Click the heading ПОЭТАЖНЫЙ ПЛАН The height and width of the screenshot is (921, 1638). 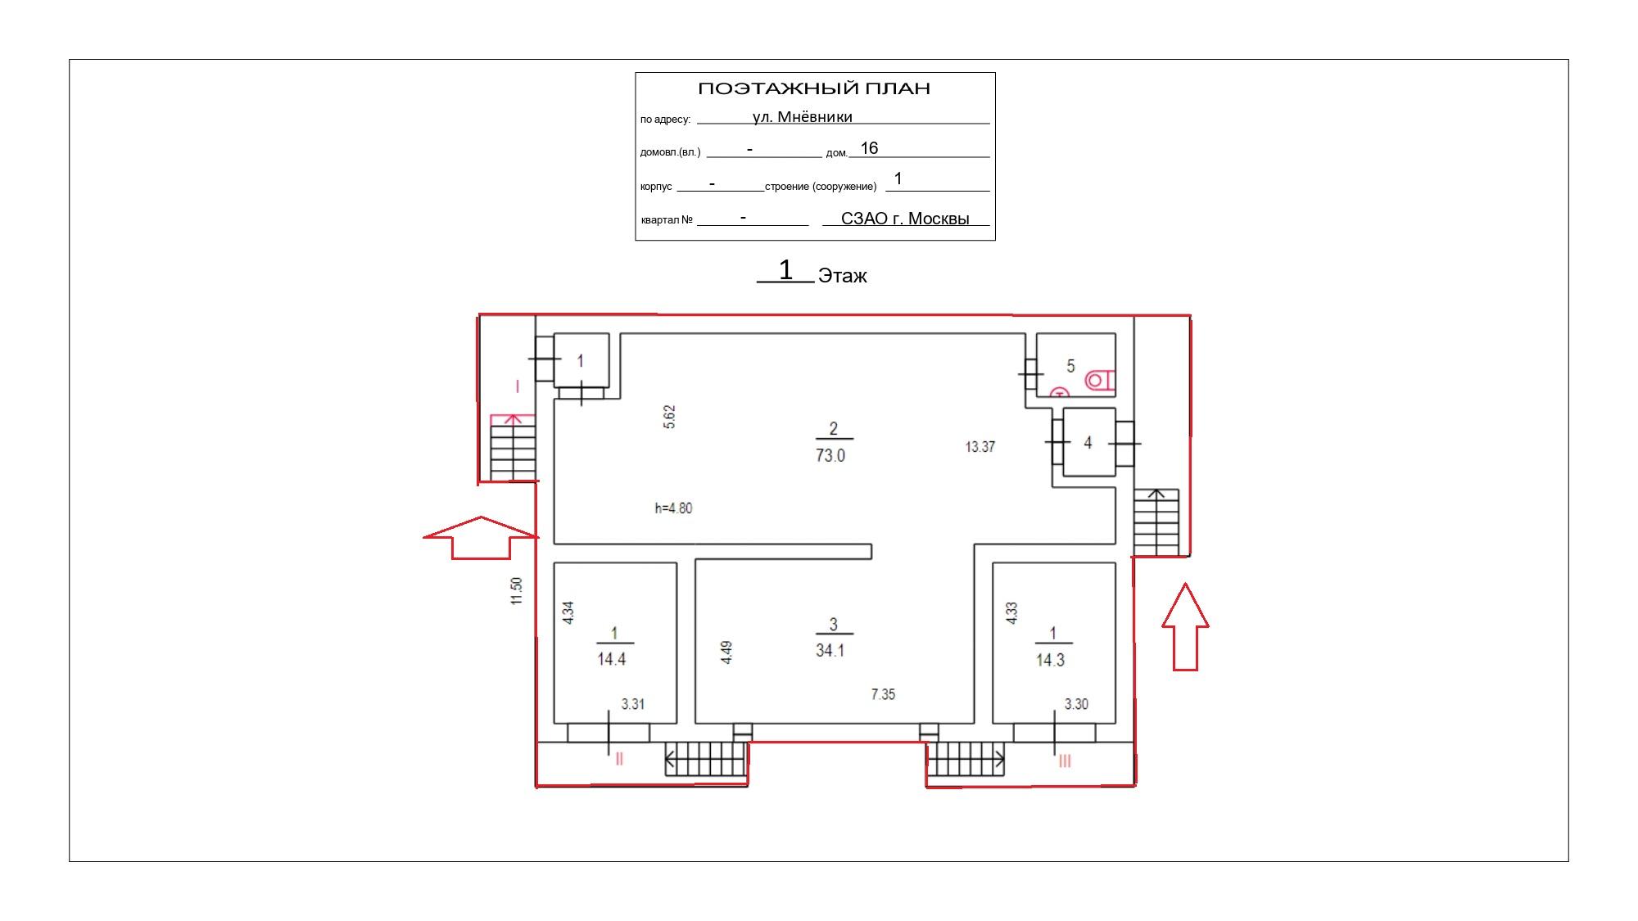pyautogui.click(x=814, y=88)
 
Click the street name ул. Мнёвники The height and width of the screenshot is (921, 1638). pyautogui.click(x=803, y=117)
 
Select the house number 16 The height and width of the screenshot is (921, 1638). pyautogui.click(x=869, y=148)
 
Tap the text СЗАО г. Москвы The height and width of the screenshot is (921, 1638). pyautogui.click(x=905, y=219)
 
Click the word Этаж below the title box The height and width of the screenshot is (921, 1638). pyautogui.click(x=842, y=276)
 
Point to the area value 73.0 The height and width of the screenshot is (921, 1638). pyautogui.click(x=830, y=456)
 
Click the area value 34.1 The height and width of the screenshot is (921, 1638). pyautogui.click(x=830, y=651)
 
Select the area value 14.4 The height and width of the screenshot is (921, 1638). pyautogui.click(x=612, y=659)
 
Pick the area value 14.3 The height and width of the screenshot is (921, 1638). pyautogui.click(x=1050, y=660)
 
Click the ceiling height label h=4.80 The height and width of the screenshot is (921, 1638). pyautogui.click(x=673, y=508)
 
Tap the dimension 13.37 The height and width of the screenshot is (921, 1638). pyautogui.click(x=980, y=447)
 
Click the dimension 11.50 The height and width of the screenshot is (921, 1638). pyautogui.click(x=516, y=591)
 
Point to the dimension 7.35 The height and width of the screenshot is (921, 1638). pyautogui.click(x=883, y=694)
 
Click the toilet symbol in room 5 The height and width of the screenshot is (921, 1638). pyautogui.click(x=1100, y=380)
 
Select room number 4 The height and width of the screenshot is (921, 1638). pyautogui.click(x=1088, y=443)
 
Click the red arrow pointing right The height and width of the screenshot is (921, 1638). pyautogui.click(x=481, y=538)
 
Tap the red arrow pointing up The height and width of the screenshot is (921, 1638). pyautogui.click(x=1185, y=626)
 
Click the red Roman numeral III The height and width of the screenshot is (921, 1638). pyautogui.click(x=1065, y=761)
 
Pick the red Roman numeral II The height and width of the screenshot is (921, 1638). pyautogui.click(x=619, y=759)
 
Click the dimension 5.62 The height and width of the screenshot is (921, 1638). pyautogui.click(x=669, y=417)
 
